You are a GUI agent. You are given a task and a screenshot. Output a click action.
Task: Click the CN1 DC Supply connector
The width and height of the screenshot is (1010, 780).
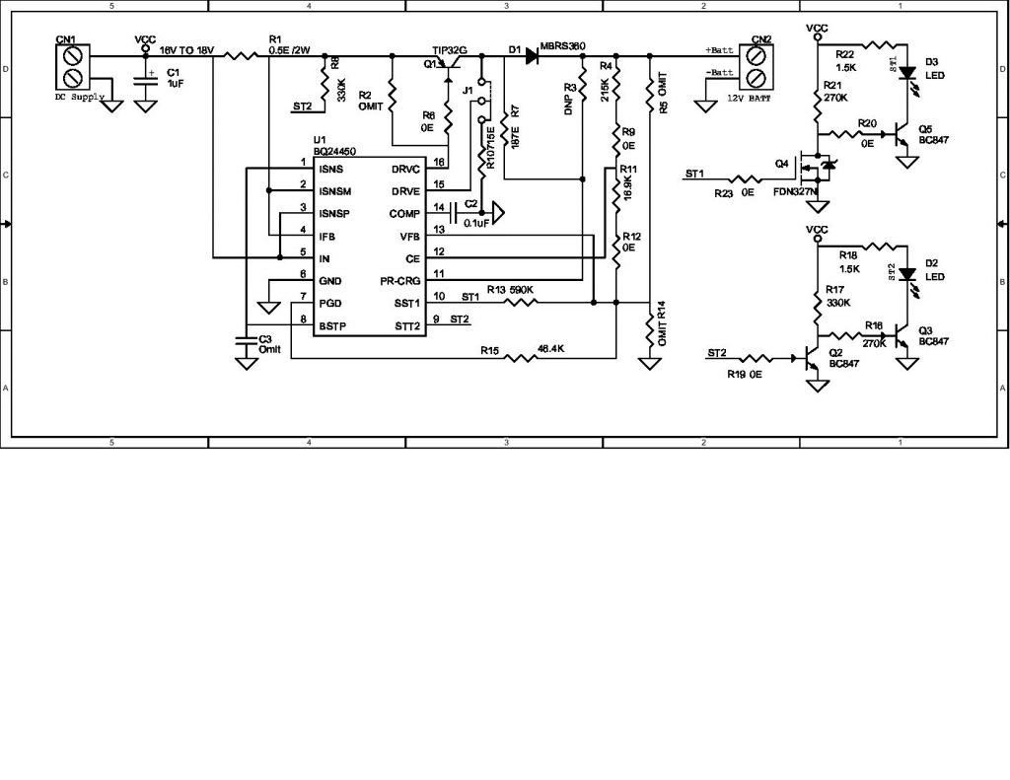click(72, 68)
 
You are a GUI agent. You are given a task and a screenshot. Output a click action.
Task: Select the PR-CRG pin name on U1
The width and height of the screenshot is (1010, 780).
click(399, 281)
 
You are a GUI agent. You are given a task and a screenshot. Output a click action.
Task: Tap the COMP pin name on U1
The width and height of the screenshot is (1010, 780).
click(405, 214)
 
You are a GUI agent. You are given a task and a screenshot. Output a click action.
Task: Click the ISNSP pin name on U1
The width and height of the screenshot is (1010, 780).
click(336, 214)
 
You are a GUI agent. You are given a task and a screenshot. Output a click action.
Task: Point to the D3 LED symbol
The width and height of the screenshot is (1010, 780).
click(905, 73)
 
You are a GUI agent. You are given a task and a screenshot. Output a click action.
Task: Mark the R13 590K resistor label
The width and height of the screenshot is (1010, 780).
click(510, 290)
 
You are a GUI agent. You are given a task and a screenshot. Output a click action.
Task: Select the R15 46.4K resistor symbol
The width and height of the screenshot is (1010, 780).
click(521, 359)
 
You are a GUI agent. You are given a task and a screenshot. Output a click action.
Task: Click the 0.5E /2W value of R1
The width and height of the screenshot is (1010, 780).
click(288, 49)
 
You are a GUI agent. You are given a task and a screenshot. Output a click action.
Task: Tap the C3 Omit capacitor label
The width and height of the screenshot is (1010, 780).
click(269, 344)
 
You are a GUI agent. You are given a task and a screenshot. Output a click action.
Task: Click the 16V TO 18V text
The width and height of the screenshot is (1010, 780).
click(186, 49)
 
